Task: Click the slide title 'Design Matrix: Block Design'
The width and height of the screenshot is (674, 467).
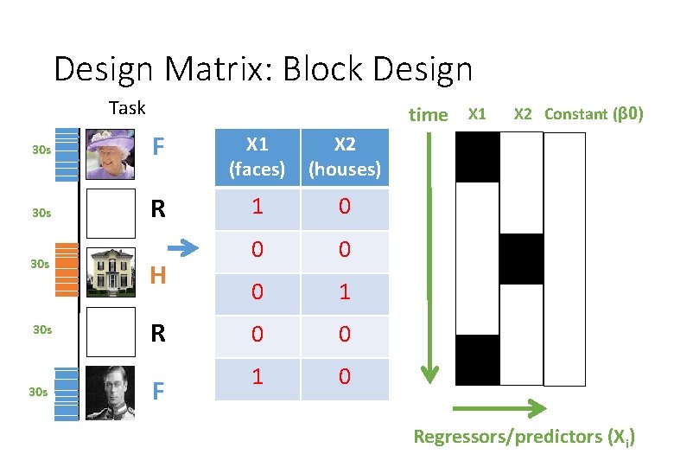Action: (x=263, y=68)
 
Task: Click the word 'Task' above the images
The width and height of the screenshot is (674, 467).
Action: (x=127, y=108)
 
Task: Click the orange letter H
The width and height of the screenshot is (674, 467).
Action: (x=157, y=275)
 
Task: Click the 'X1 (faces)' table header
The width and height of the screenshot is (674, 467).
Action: (x=257, y=157)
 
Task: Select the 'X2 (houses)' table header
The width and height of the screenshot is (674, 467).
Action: (x=345, y=157)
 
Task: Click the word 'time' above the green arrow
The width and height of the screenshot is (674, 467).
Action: (x=429, y=115)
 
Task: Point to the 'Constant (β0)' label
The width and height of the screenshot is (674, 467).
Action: (x=594, y=113)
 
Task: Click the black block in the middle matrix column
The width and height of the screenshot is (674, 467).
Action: (x=521, y=259)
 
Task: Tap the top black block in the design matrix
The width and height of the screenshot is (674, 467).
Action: (x=477, y=157)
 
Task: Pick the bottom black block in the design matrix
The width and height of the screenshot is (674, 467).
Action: (x=477, y=360)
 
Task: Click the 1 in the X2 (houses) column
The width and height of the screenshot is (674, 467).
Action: (x=345, y=293)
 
